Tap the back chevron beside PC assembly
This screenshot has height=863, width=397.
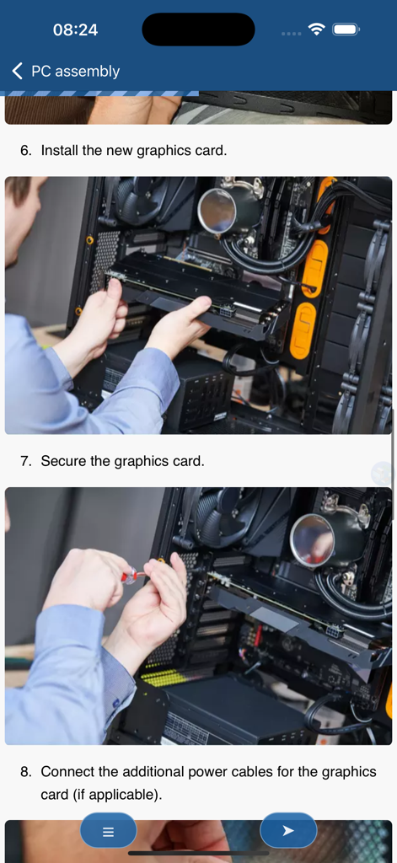tap(17, 72)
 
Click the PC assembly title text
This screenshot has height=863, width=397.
tap(75, 72)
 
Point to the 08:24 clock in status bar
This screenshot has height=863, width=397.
tap(75, 29)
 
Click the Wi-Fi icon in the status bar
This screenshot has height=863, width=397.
tap(317, 29)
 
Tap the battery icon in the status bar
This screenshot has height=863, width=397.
tap(346, 29)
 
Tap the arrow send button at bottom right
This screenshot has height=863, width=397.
tap(288, 831)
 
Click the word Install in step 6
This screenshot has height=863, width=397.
tap(60, 150)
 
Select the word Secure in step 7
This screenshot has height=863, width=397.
tap(64, 461)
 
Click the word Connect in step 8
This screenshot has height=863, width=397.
tap(68, 771)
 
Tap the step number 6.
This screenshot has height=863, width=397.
tap(26, 150)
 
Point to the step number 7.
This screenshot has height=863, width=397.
tap(26, 461)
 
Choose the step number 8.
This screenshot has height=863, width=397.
tap(26, 771)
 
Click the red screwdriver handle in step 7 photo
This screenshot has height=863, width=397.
tap(130, 576)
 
